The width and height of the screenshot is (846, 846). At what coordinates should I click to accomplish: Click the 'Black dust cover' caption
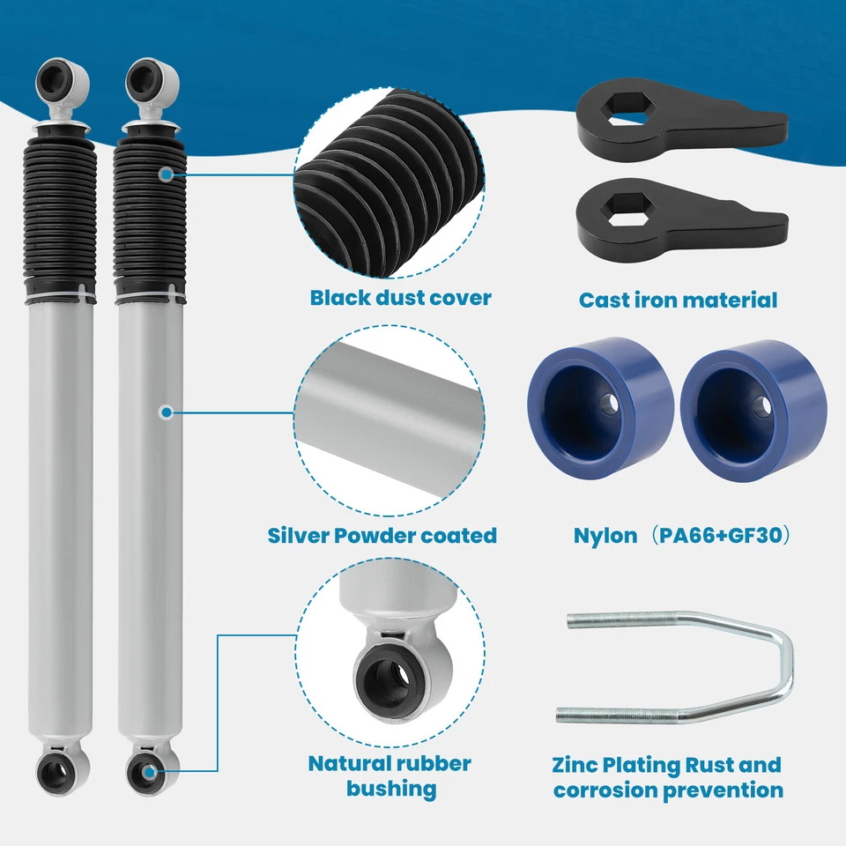click(x=400, y=298)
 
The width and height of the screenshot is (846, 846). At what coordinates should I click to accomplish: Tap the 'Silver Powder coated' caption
click(x=382, y=535)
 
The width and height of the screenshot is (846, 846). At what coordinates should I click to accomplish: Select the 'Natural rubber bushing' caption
click(x=390, y=775)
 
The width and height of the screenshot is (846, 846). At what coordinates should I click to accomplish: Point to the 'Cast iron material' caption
click(x=678, y=300)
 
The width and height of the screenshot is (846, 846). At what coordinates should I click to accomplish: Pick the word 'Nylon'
click(x=605, y=535)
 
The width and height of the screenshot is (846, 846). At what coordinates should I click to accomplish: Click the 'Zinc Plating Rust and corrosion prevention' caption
click(x=667, y=777)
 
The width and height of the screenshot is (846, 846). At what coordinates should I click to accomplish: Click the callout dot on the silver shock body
click(x=165, y=412)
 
